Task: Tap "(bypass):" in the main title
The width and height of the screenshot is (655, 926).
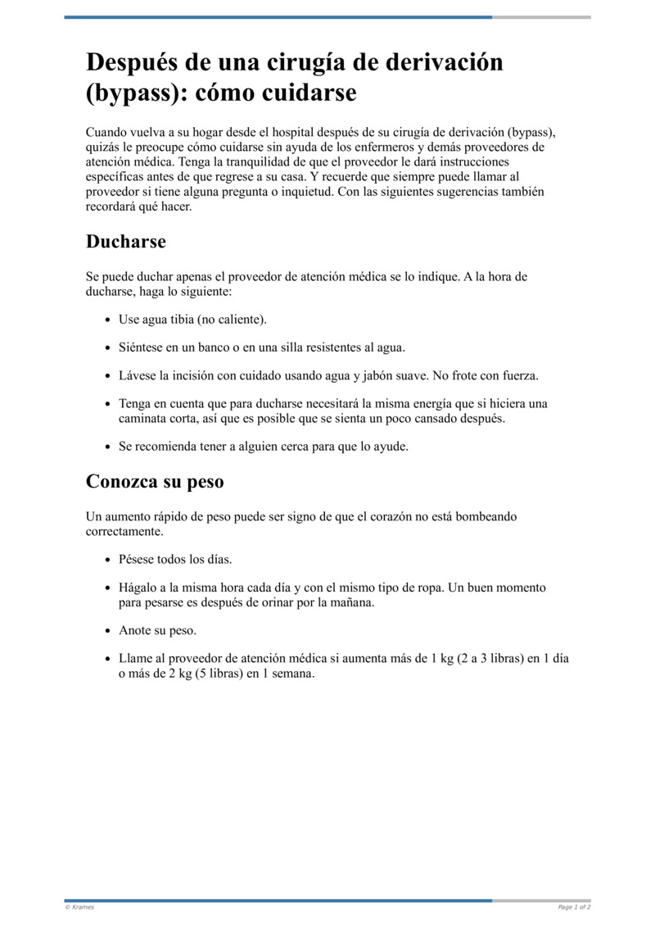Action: click(x=136, y=93)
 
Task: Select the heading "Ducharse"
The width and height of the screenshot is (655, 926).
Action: click(x=126, y=242)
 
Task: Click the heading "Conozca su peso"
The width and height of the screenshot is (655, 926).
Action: click(x=155, y=482)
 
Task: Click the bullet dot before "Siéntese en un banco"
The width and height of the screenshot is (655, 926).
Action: click(x=108, y=348)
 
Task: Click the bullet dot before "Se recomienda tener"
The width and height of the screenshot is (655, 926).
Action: click(x=108, y=447)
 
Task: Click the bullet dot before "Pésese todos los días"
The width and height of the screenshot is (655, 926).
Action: click(x=108, y=560)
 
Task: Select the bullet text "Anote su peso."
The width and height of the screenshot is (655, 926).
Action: click(x=158, y=630)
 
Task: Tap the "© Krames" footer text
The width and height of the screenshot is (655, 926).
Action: click(x=79, y=907)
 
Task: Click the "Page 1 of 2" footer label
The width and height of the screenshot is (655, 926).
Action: click(x=574, y=907)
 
